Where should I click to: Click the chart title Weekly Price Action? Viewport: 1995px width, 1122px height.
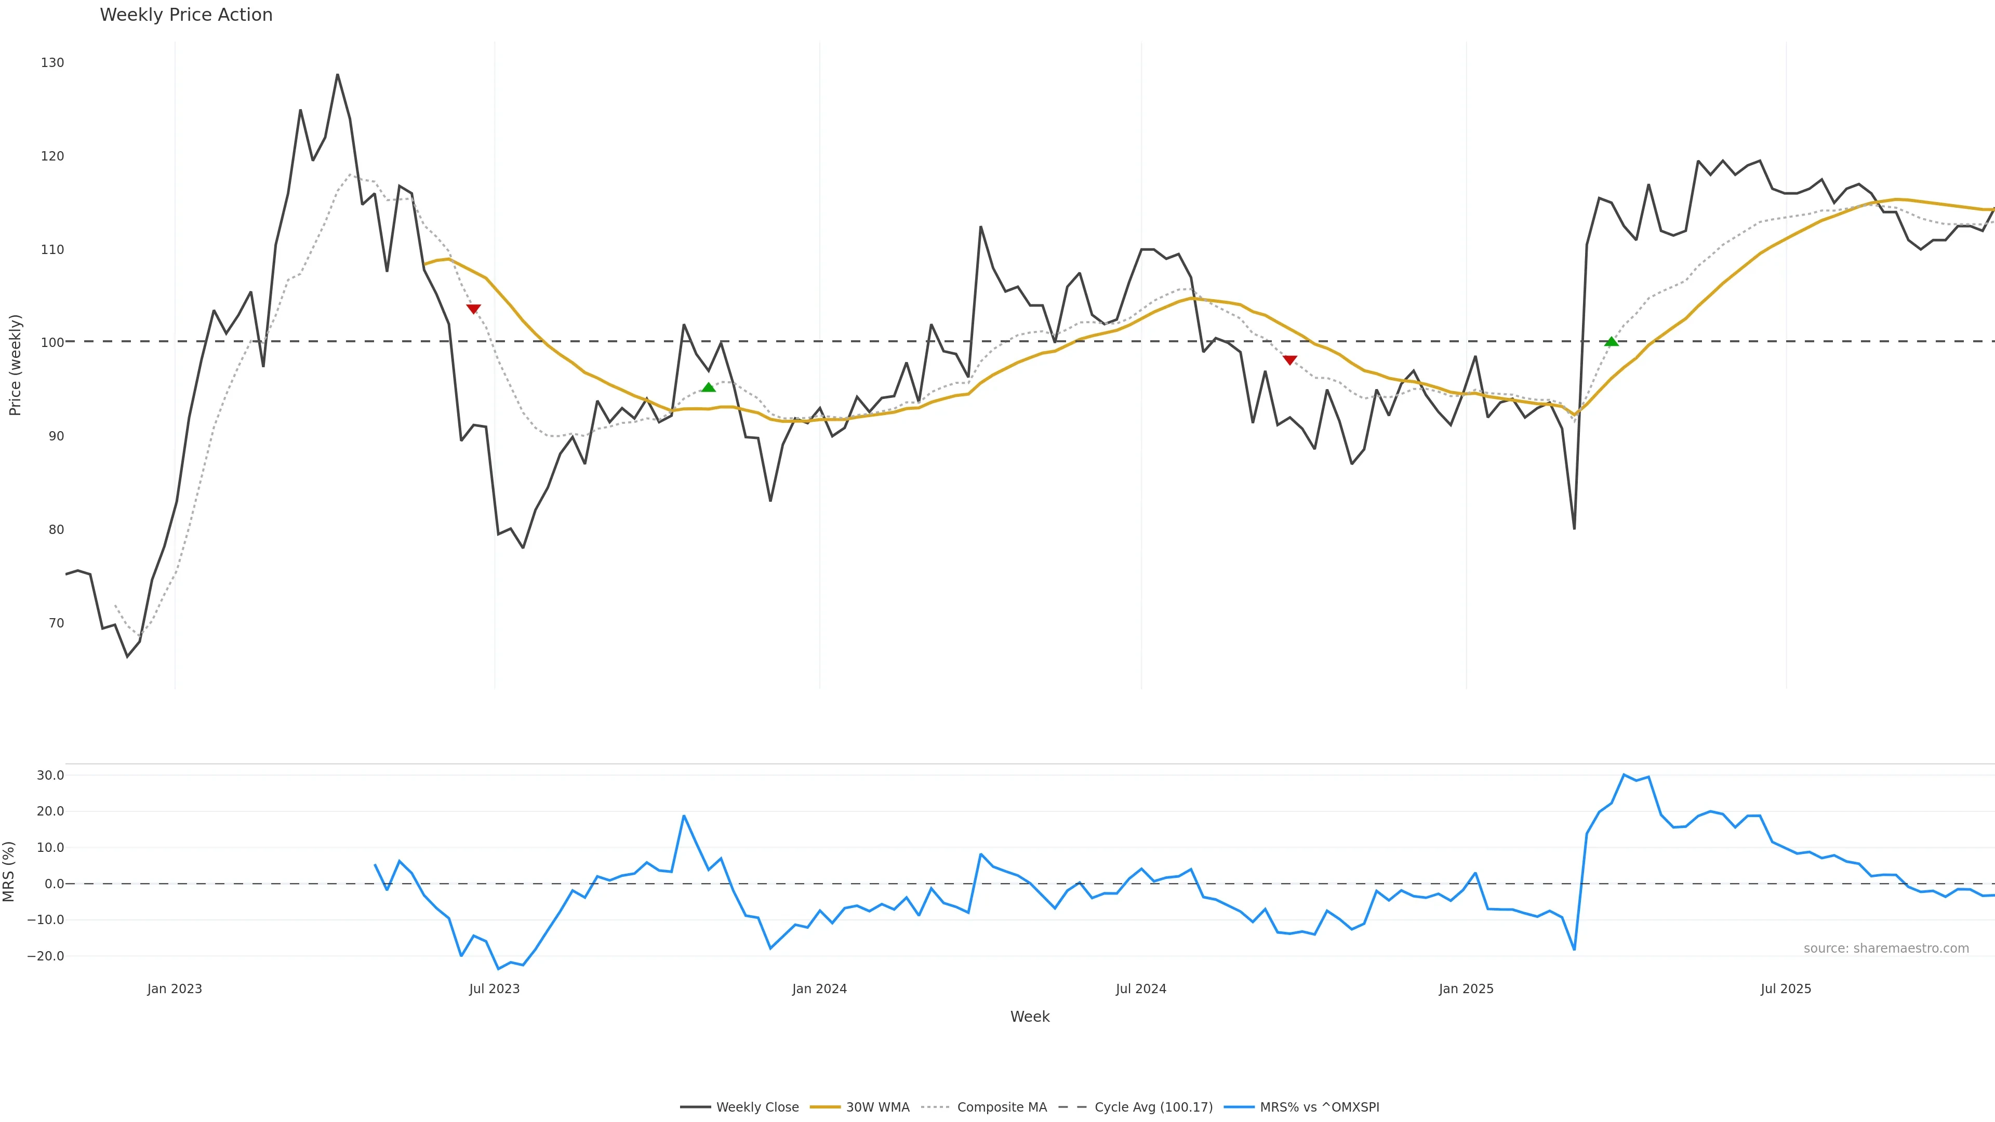pyautogui.click(x=186, y=15)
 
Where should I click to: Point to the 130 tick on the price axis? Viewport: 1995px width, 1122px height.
pyautogui.click(x=52, y=63)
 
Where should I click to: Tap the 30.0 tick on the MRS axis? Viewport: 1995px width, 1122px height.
pyautogui.click(x=50, y=775)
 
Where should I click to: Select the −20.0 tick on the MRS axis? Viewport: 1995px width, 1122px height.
pyautogui.click(x=46, y=956)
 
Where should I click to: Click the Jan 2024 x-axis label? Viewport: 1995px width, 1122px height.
pyautogui.click(x=819, y=989)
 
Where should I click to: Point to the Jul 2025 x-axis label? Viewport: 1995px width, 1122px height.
pyautogui.click(x=1786, y=989)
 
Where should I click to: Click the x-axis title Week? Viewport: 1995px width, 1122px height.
pyautogui.click(x=1029, y=1017)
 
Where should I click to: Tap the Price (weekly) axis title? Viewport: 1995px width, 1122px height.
pyautogui.click(x=15, y=365)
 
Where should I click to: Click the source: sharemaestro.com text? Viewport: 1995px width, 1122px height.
pyautogui.click(x=1886, y=949)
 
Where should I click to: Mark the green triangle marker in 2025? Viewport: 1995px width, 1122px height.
pyautogui.click(x=1612, y=341)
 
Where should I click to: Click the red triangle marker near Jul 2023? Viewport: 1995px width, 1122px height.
pyautogui.click(x=473, y=309)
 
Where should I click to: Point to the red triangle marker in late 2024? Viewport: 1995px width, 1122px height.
pyautogui.click(x=1289, y=360)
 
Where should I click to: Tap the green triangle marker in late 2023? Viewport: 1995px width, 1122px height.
pyautogui.click(x=708, y=387)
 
